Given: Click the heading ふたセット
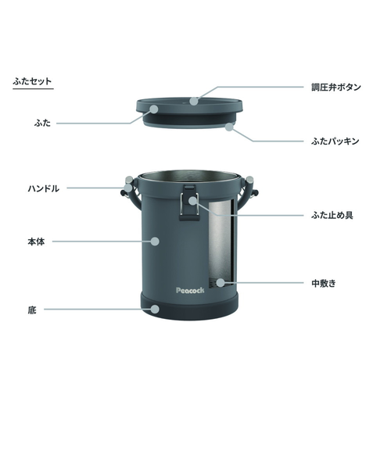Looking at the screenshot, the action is click(x=32, y=81).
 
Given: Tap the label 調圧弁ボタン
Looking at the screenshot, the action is click(x=336, y=88).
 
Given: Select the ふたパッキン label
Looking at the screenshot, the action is click(x=335, y=141).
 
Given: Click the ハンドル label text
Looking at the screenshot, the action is click(x=44, y=188).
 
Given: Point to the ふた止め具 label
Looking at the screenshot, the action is click(x=332, y=215).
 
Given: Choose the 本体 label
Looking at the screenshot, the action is click(x=36, y=242).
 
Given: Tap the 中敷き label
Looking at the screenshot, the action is click(x=324, y=283).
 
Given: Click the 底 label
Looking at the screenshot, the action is click(x=32, y=310).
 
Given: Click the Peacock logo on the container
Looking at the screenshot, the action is click(x=190, y=291).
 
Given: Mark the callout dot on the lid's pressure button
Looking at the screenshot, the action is click(x=194, y=101).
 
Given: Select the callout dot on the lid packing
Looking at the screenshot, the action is click(x=229, y=127).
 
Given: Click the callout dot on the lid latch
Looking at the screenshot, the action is click(x=193, y=200).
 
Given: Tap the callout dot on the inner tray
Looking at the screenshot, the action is click(x=221, y=283).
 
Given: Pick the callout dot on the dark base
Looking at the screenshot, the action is click(x=155, y=309).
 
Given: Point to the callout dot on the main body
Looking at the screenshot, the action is click(x=155, y=241).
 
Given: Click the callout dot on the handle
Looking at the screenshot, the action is click(x=128, y=188).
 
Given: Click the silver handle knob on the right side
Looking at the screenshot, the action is click(x=249, y=180).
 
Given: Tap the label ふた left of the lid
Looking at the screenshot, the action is click(x=42, y=124).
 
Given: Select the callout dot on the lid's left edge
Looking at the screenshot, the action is click(x=154, y=109).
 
